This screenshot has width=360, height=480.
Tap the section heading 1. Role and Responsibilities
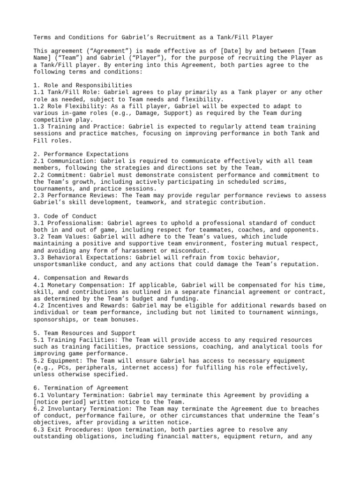[83, 85]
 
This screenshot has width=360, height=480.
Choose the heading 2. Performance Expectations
[81, 154]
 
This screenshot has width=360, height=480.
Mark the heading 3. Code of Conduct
[65, 216]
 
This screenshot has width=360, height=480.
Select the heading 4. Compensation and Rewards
[81, 278]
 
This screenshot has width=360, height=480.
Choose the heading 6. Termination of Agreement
[81, 388]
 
